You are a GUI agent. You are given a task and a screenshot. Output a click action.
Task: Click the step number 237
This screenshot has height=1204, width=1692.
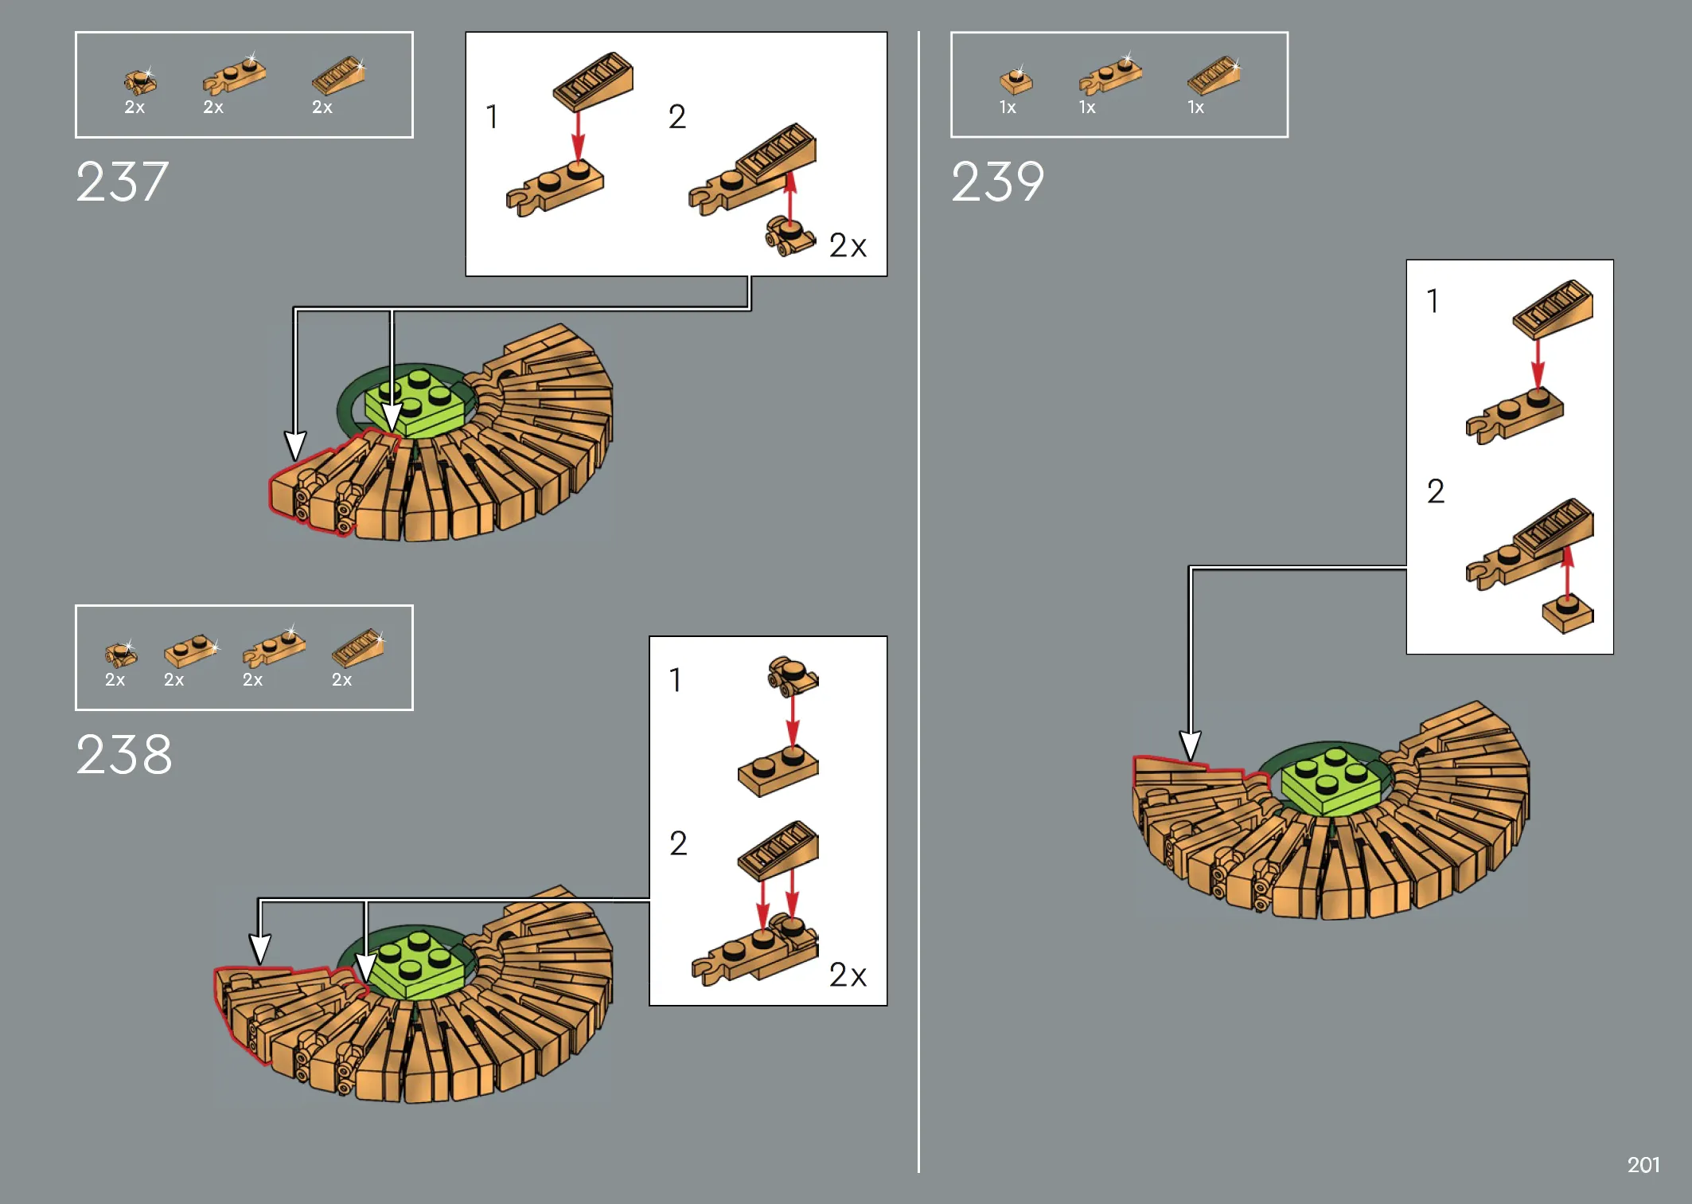click(123, 182)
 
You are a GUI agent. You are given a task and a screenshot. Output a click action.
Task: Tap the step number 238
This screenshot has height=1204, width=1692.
click(124, 754)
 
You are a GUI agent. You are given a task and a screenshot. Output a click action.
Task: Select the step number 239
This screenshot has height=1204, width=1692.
click(998, 182)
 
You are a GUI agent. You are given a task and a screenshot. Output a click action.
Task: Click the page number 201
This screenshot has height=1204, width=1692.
click(1643, 1165)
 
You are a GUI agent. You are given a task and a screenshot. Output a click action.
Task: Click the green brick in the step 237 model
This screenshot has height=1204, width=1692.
click(415, 403)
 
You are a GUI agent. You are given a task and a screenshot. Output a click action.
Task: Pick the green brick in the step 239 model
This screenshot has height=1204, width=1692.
click(1331, 781)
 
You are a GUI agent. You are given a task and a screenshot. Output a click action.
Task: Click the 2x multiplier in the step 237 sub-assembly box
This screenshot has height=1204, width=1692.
click(848, 245)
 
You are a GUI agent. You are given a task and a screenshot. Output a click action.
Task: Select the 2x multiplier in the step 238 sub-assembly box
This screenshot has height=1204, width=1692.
click(848, 975)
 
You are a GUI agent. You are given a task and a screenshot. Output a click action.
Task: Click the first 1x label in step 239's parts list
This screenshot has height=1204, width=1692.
click(1008, 107)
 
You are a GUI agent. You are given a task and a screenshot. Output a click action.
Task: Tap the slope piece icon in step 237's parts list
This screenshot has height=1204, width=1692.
click(339, 76)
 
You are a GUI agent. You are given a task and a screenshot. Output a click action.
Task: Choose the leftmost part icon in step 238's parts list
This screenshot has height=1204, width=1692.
click(120, 655)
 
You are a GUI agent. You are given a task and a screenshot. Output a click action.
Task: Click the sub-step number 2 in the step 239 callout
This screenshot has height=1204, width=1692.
click(1436, 491)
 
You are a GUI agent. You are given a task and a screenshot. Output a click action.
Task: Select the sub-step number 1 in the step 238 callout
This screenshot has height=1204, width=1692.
click(675, 680)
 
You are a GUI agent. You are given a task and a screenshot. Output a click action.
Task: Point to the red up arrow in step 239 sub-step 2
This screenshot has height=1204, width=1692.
click(1568, 573)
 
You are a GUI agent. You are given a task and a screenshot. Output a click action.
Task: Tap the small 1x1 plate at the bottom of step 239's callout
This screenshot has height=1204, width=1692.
click(1568, 615)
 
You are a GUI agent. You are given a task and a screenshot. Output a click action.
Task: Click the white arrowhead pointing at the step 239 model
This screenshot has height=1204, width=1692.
click(1190, 747)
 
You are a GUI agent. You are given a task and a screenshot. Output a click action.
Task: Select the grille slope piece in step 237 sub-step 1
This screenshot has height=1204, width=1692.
click(593, 82)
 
